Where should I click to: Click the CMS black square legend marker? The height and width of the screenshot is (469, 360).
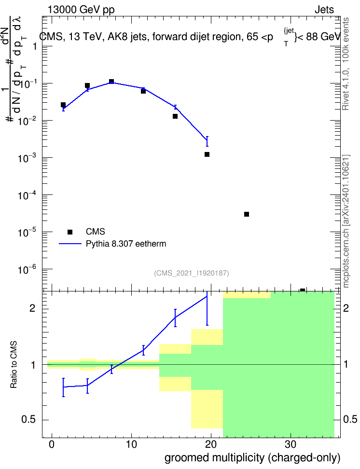click(x=70, y=232)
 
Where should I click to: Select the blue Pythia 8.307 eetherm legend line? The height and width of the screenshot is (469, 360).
click(x=70, y=244)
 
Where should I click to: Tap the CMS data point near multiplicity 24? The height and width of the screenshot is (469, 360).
click(x=247, y=214)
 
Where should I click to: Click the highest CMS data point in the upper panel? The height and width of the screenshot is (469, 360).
click(x=111, y=82)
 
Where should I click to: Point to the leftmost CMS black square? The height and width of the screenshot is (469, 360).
click(x=63, y=105)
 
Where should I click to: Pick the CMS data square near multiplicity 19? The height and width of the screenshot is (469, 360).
click(x=207, y=154)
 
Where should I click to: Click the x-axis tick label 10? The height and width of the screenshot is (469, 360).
click(x=131, y=444)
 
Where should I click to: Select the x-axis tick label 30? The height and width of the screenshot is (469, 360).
click(x=291, y=444)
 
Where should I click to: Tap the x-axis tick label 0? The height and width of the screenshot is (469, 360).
click(x=52, y=444)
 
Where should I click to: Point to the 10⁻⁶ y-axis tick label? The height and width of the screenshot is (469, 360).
click(x=28, y=269)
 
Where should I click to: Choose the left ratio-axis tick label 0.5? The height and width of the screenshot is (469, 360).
click(x=29, y=420)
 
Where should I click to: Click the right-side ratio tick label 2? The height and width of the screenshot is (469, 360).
click(x=346, y=308)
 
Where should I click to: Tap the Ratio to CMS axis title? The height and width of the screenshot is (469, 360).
click(x=14, y=365)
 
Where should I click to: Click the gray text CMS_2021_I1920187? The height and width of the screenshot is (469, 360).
click(x=192, y=273)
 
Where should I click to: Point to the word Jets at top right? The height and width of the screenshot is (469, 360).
click(x=324, y=10)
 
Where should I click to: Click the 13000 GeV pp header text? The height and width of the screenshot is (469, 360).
click(x=81, y=10)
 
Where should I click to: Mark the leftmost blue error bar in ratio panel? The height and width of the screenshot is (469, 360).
click(x=63, y=387)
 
